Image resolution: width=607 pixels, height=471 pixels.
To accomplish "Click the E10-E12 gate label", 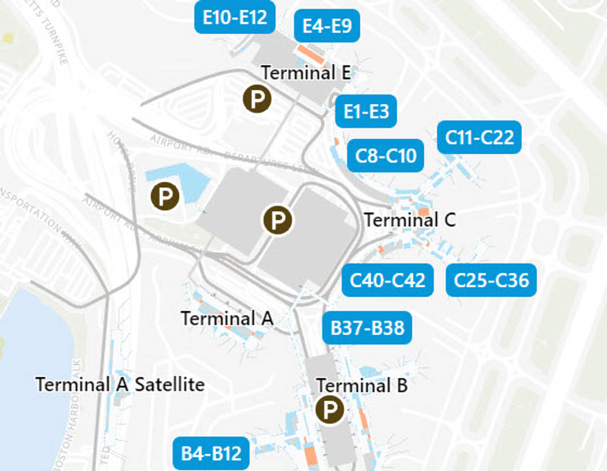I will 235,17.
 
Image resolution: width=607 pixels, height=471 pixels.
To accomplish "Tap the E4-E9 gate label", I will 327,26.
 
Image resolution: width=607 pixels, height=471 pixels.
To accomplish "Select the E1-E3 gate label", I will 366,111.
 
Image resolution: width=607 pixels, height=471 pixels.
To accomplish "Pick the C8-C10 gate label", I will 386,155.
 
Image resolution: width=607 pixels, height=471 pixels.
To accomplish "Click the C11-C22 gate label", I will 479,137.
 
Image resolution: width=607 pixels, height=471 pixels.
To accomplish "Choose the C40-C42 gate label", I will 388,280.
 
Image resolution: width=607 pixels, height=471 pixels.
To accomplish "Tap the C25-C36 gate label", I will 491,280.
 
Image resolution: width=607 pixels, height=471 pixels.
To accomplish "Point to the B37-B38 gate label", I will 367,327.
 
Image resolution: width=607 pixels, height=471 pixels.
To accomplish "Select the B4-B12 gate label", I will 211,453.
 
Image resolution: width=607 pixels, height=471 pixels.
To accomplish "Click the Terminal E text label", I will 306,73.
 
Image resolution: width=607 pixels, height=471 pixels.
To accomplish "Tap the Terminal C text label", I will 410,220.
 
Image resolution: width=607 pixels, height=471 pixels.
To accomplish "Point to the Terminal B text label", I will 362,386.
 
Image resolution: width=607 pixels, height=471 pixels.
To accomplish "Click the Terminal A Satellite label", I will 120,385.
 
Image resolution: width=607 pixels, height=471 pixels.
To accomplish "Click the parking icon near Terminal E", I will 257,99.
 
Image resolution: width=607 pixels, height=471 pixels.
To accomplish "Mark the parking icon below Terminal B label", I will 329,410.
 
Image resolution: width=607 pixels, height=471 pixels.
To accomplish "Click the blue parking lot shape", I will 185,181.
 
